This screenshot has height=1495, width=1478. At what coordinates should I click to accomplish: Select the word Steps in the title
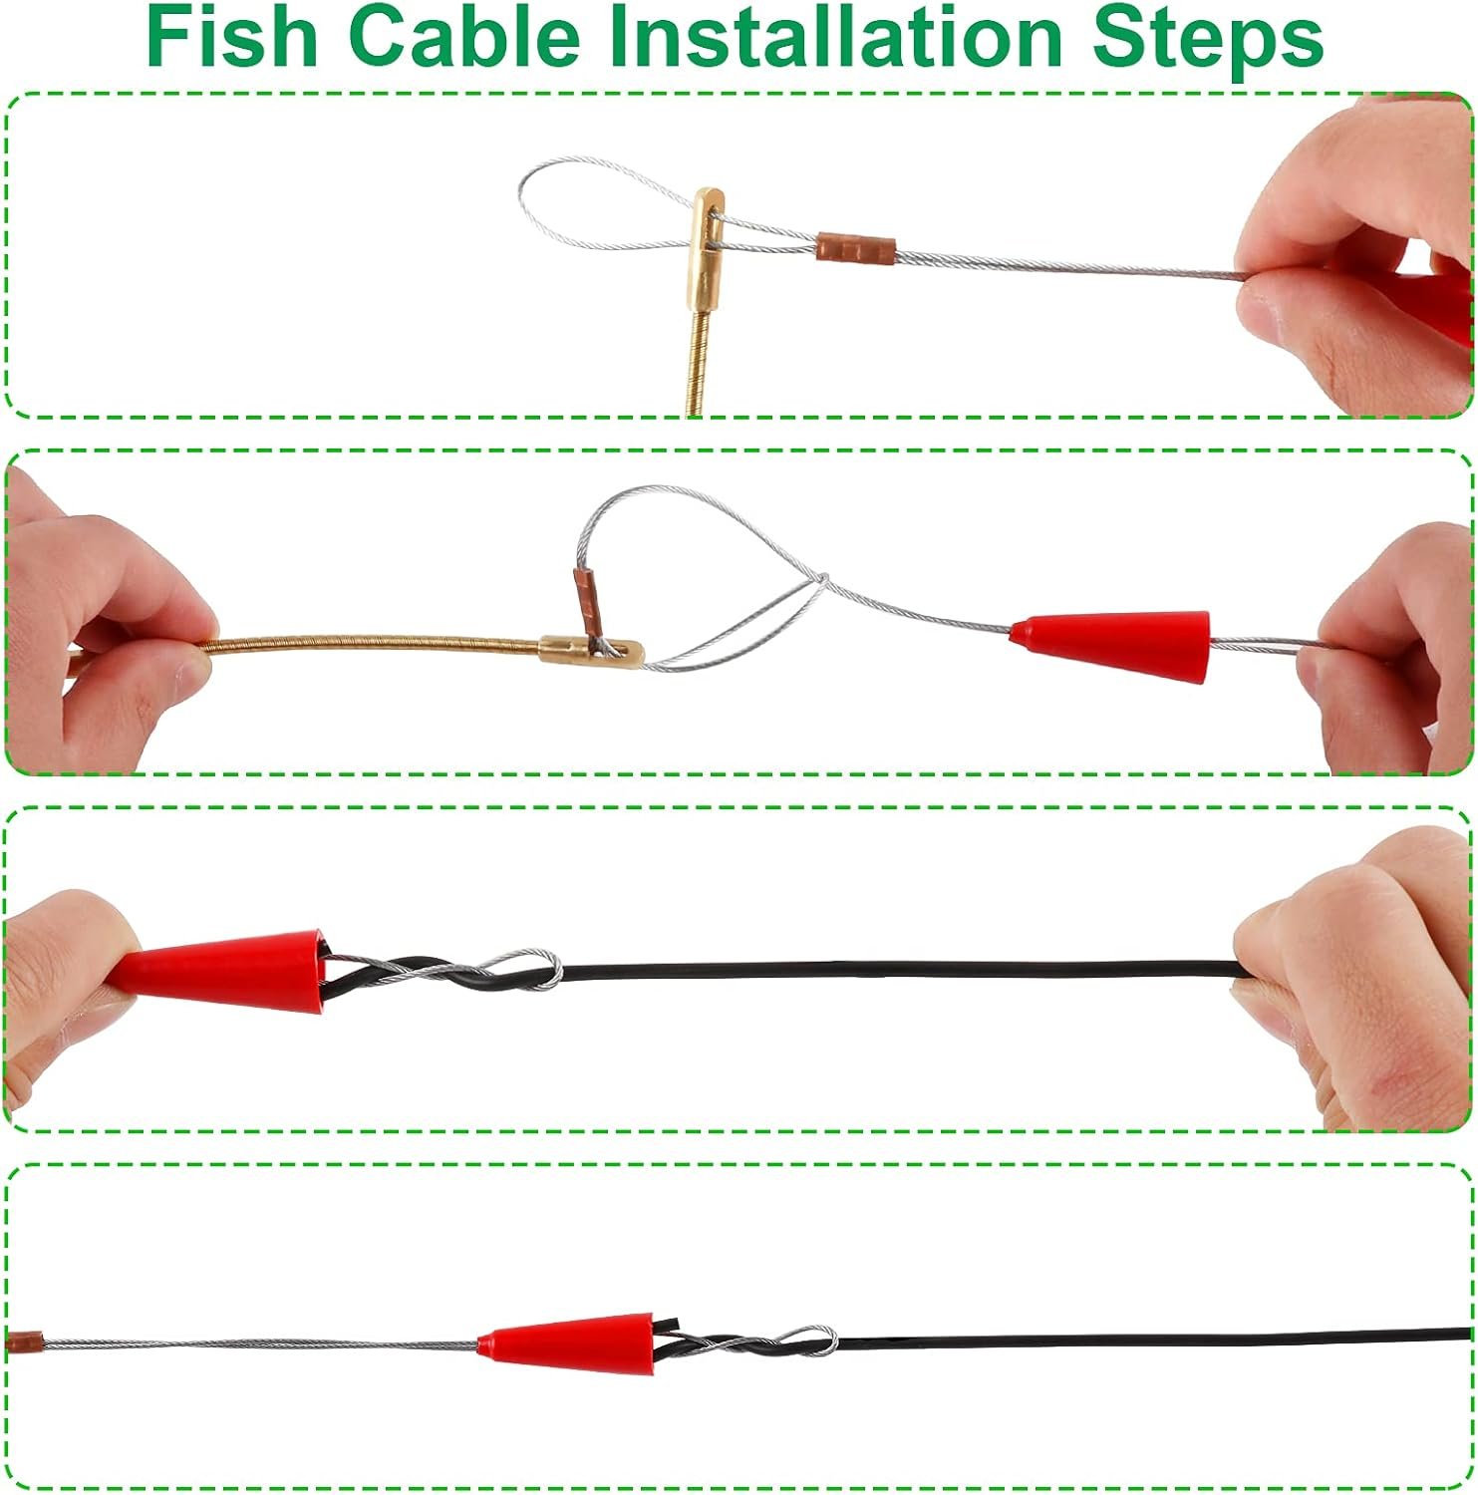point(1207,40)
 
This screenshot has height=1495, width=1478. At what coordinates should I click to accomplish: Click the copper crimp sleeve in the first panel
point(856,246)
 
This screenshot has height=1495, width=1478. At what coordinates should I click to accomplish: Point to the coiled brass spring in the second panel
point(375,642)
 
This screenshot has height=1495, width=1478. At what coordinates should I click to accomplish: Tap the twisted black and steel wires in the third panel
point(439,971)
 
